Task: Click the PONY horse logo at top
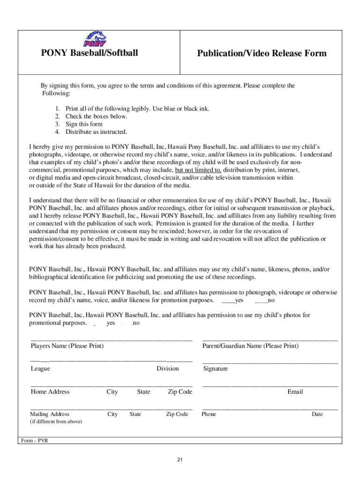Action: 95,39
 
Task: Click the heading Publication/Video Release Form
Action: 261,53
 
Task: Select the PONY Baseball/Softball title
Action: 89,52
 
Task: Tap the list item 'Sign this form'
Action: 84,124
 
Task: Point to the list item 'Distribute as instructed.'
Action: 96,131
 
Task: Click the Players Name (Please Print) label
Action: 67,346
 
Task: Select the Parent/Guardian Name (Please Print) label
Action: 250,346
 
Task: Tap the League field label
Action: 41,369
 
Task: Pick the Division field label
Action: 167,369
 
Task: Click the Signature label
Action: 216,369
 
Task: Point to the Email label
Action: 295,392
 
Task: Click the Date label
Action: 317,414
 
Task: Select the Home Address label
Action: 50,392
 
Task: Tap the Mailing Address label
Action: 50,414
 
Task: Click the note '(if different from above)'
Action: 56,421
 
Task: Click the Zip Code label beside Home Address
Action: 180,392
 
